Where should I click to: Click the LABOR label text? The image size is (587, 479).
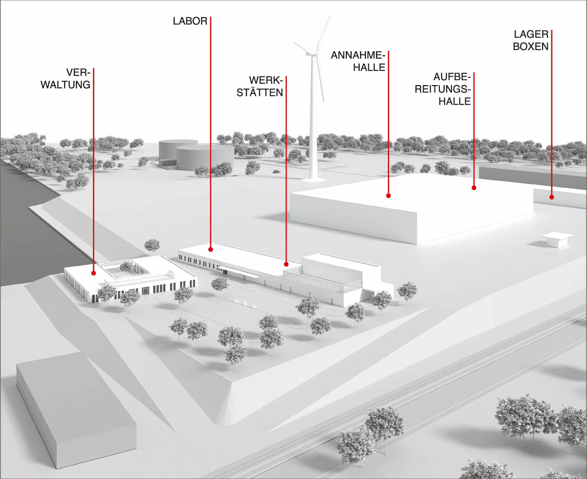click(190, 21)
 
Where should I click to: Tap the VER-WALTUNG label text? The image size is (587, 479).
click(66, 79)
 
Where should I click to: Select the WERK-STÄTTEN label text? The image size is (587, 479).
click(260, 87)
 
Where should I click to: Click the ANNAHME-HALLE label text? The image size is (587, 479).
click(358, 61)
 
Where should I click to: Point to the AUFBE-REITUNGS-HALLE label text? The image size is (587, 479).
click(443, 90)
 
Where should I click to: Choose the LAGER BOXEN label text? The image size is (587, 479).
click(531, 40)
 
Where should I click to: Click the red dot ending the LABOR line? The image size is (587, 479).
click(211, 250)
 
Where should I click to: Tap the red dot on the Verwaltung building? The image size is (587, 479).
click(93, 274)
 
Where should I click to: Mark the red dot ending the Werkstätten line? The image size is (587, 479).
click(286, 264)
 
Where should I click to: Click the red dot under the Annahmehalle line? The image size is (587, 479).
click(388, 196)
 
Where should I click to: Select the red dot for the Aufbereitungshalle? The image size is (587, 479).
click(474, 188)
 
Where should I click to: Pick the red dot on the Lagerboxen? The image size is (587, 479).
click(552, 197)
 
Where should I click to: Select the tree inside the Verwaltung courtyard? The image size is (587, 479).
click(127, 266)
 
